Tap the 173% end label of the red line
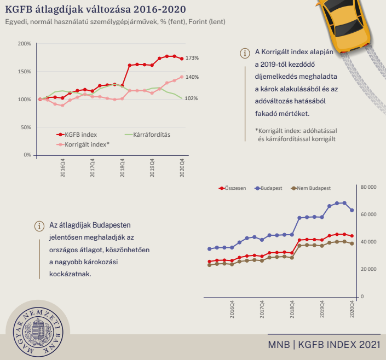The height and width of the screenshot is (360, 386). tap(192, 58)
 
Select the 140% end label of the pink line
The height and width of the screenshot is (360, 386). tap(192, 77)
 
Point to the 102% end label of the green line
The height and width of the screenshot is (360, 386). tap(192, 98)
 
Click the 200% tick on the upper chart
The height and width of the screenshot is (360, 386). tap(25, 44)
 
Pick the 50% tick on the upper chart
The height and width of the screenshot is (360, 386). tap(26, 127)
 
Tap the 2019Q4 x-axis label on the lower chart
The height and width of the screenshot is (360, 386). tap(322, 310)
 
